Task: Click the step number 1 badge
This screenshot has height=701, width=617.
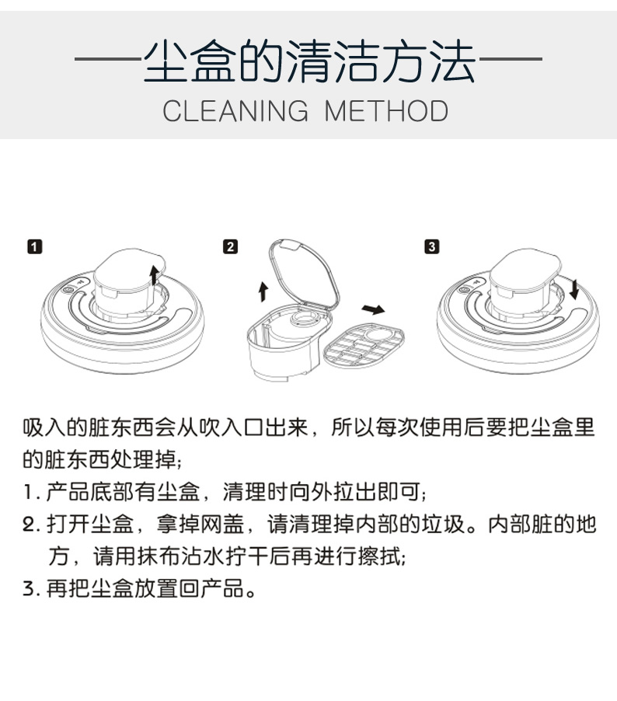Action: point(35,247)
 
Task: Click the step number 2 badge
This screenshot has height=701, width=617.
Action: point(230,247)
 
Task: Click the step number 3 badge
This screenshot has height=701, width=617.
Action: point(431,247)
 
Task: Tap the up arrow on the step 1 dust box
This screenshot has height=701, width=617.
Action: point(154,275)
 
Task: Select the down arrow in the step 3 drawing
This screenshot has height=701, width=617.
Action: point(574,289)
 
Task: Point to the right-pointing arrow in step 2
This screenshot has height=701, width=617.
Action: point(373,309)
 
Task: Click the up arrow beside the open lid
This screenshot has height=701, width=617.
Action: point(263,291)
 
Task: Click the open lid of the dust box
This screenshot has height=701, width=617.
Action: point(304,274)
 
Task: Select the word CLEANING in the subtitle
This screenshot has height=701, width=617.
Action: point(235,111)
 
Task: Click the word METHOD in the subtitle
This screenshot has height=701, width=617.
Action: point(386,111)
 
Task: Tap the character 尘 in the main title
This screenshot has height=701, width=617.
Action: point(165,61)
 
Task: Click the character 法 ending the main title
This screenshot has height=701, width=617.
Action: point(452,61)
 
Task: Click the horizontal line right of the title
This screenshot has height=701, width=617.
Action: point(511,58)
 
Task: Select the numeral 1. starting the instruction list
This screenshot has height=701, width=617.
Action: point(32,492)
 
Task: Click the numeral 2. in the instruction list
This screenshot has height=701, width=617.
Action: point(32,524)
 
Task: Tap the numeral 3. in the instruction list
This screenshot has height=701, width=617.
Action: point(32,588)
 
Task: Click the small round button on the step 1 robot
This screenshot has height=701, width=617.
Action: point(68,290)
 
